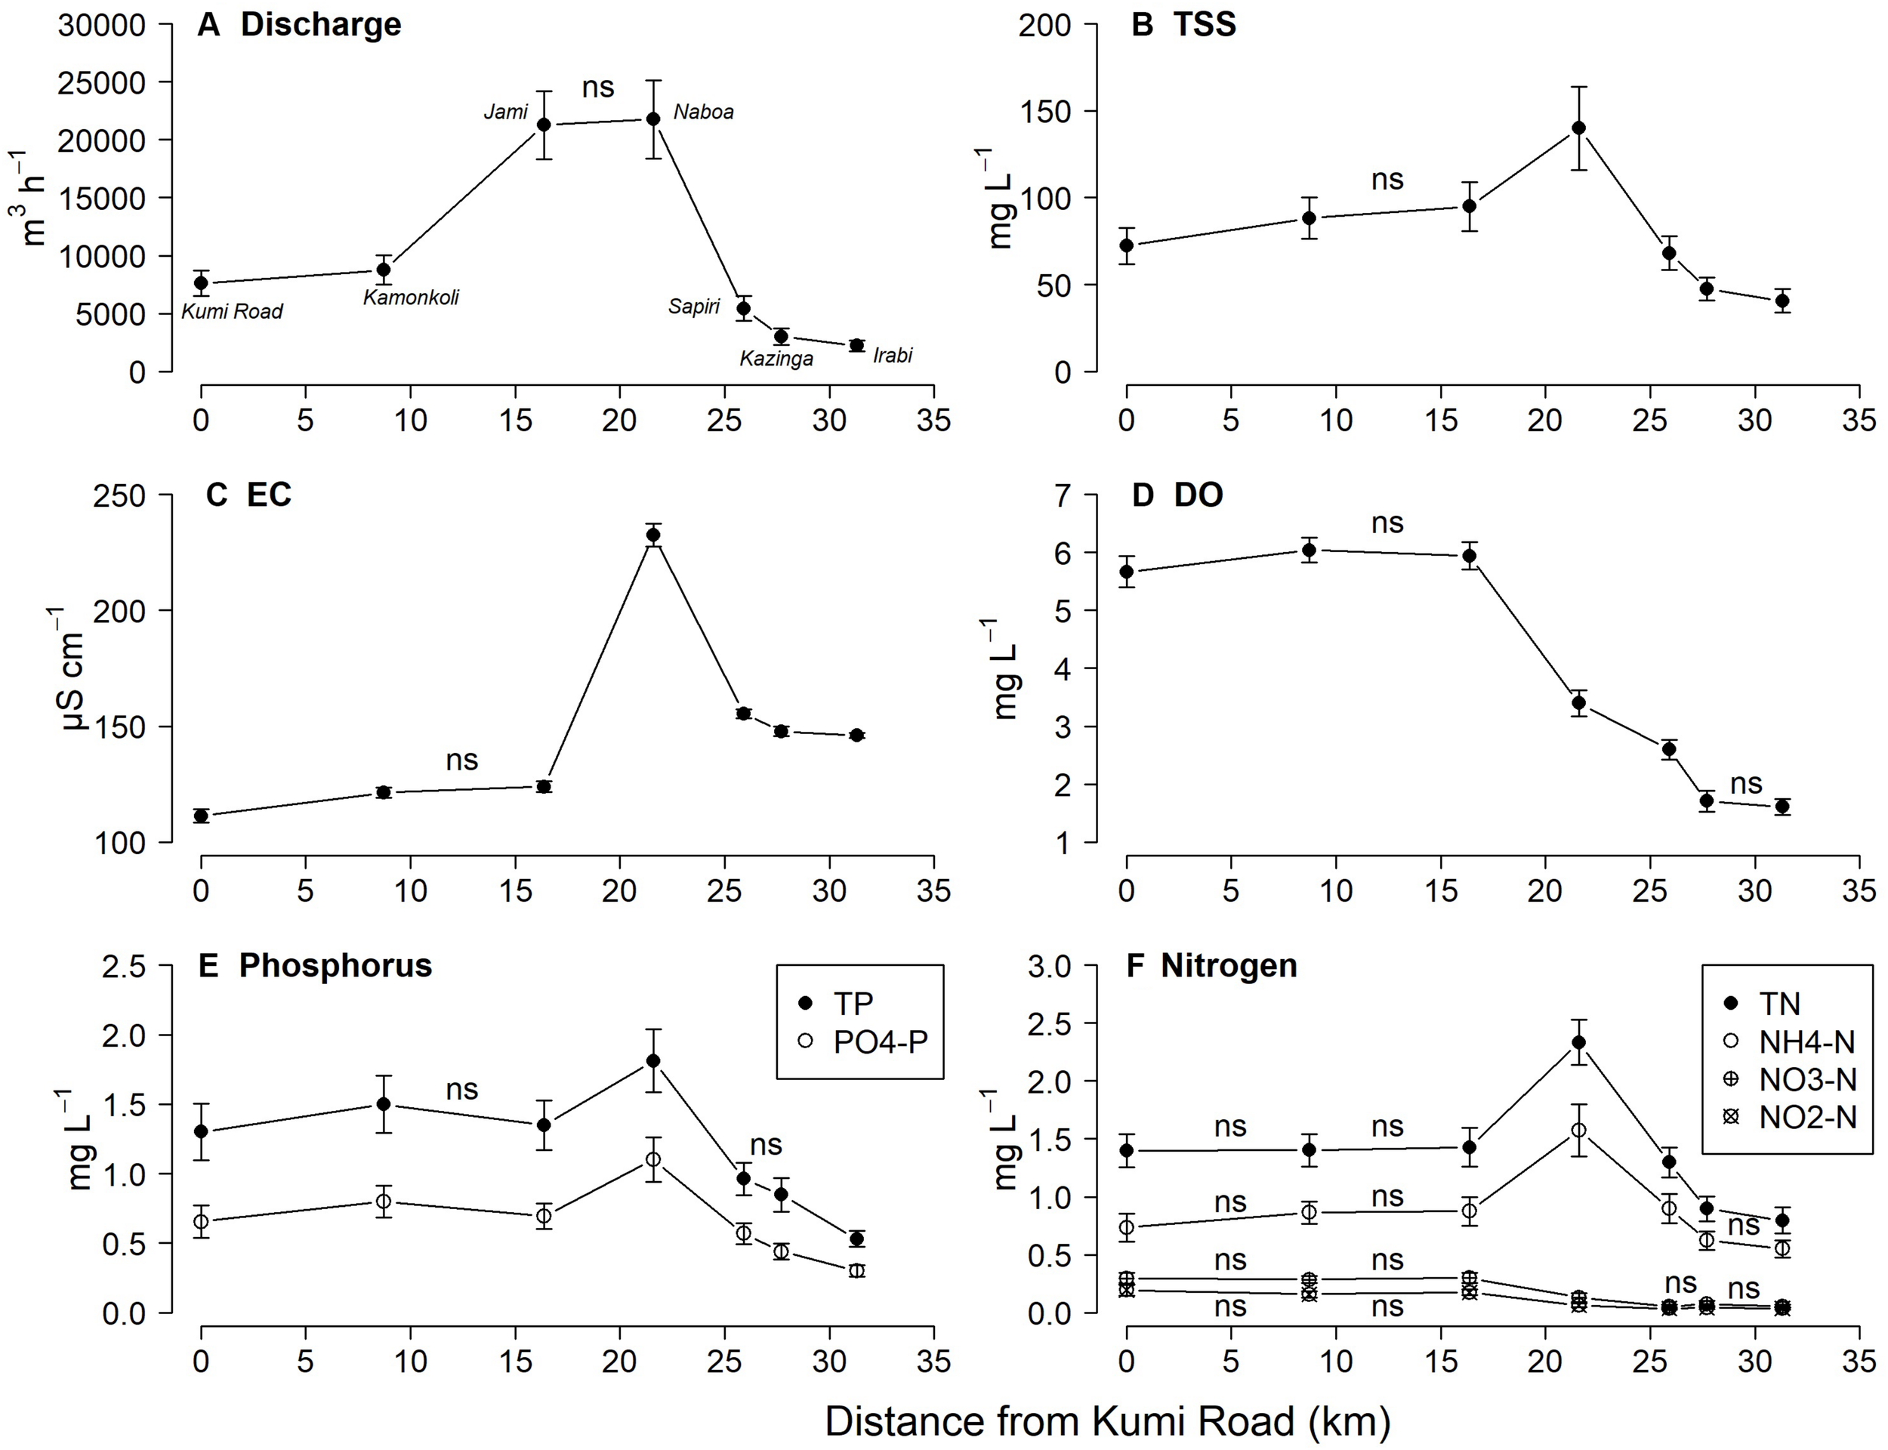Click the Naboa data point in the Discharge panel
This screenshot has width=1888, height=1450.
(653, 119)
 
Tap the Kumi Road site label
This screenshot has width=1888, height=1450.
(231, 312)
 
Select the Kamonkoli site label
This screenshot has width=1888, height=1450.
(411, 298)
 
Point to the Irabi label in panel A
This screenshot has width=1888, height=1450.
(892, 356)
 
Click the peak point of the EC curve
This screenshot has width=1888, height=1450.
(653, 535)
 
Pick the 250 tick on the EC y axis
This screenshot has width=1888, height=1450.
(122, 496)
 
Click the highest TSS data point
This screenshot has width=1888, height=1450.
(1578, 128)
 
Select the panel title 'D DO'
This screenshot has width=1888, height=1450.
(1177, 495)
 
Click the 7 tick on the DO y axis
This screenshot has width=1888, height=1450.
(1063, 496)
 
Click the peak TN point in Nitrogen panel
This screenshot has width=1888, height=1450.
(1578, 1041)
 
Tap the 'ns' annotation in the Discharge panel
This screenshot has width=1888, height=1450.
(598, 87)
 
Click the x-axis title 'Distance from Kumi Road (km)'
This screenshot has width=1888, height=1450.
(1107, 1421)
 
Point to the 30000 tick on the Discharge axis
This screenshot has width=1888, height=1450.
(101, 26)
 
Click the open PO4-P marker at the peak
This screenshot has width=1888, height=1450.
(653, 1159)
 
